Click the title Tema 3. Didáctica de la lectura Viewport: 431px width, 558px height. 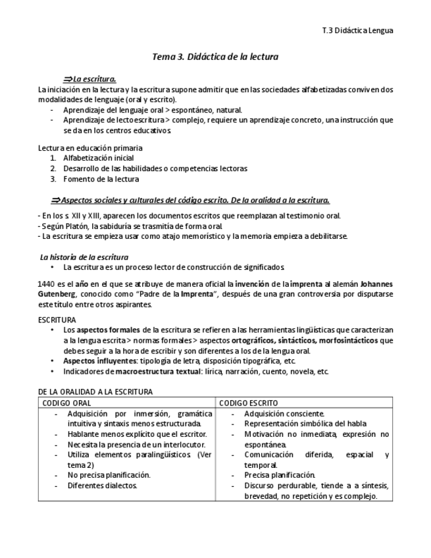(215, 57)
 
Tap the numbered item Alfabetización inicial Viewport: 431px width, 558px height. (99, 158)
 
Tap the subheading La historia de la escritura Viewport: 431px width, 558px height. (84, 257)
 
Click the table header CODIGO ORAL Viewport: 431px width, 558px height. (66, 402)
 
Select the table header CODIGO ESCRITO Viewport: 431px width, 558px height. (248, 402)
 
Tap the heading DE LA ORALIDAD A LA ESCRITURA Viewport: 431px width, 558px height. (95, 392)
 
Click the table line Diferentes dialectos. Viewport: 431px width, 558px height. (102, 486)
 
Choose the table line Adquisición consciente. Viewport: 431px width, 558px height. (284, 413)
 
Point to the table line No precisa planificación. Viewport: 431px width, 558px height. (109, 474)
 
